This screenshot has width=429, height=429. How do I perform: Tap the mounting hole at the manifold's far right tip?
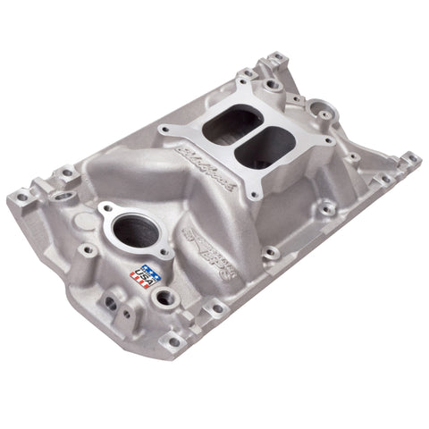click(412, 161)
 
